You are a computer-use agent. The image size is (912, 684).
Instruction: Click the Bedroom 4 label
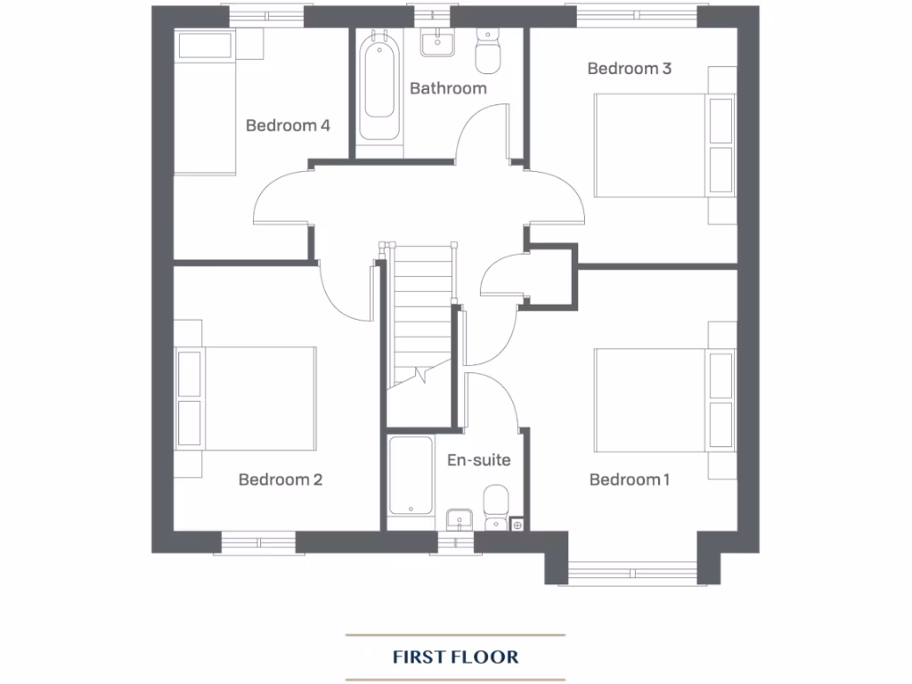pyautogui.click(x=288, y=126)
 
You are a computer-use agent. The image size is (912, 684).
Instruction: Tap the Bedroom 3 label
pyautogui.click(x=629, y=69)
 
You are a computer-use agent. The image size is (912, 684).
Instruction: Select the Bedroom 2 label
pyautogui.click(x=280, y=480)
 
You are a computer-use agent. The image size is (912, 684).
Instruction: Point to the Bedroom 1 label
pyautogui.click(x=630, y=480)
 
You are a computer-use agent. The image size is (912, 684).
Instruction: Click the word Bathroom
pyautogui.click(x=448, y=88)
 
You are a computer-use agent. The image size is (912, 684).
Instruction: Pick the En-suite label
pyautogui.click(x=478, y=460)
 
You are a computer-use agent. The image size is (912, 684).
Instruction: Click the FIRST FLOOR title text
pyautogui.click(x=455, y=657)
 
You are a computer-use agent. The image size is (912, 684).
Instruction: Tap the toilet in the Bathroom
pyautogui.click(x=487, y=53)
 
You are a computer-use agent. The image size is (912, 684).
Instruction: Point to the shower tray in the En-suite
pyautogui.click(x=411, y=476)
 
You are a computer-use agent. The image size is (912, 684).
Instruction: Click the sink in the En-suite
pyautogui.click(x=459, y=519)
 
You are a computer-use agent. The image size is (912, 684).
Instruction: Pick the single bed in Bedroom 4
pyautogui.click(x=205, y=102)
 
